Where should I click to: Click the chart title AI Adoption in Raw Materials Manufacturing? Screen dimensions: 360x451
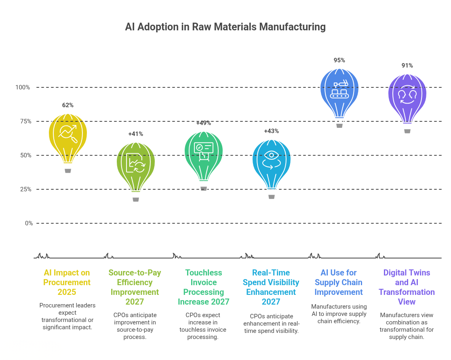pos(225,27)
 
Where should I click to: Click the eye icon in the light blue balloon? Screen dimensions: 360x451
pos(271,155)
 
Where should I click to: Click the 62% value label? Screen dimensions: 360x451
pos(68,105)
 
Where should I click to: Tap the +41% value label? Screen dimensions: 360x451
pos(136,134)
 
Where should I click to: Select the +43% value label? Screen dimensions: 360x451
pos(271,131)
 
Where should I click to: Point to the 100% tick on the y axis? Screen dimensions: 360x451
pos(23,87)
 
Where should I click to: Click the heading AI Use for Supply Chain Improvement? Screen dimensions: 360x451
pos(339,282)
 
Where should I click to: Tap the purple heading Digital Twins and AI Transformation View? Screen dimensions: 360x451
pos(407,287)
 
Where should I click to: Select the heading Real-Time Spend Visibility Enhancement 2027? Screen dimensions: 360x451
pos(271,287)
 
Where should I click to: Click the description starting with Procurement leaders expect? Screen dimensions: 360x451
pos(67,316)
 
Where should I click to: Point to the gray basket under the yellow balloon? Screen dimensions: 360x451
pos(68,171)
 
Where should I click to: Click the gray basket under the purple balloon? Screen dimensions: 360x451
pos(407,131)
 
